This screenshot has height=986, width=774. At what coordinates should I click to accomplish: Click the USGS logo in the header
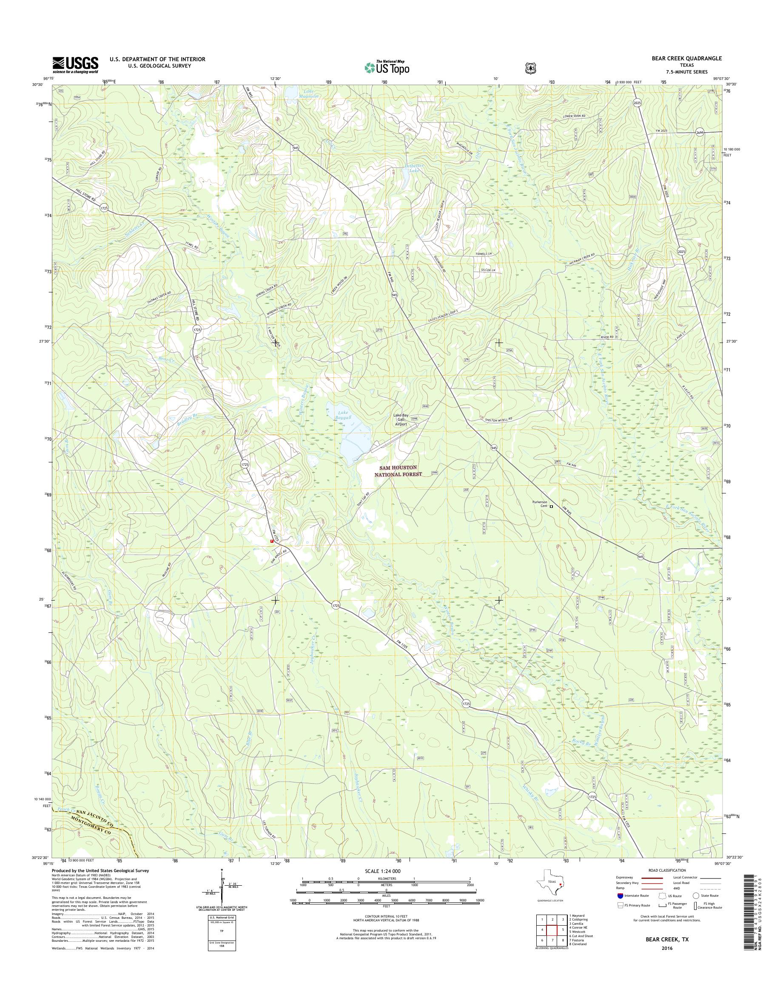click(x=75, y=65)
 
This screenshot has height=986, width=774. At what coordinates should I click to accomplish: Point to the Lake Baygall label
click(x=344, y=415)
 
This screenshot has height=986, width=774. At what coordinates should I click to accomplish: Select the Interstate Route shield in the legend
click(x=620, y=895)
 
